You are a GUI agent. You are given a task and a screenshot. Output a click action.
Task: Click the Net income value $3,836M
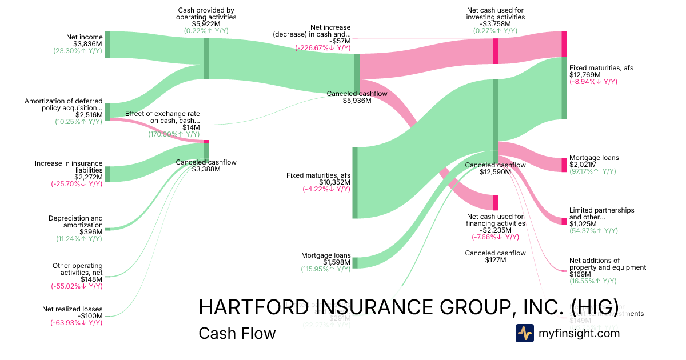pyautogui.click(x=88, y=44)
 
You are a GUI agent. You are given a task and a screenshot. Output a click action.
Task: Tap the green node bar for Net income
pyautogui.click(x=107, y=45)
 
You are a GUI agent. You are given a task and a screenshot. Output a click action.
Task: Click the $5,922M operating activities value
pyautogui.click(x=206, y=24)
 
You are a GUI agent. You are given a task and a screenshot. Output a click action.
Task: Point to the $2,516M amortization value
pyautogui.click(x=89, y=115)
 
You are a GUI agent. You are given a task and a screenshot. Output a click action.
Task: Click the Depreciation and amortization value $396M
pyautogui.click(x=91, y=232)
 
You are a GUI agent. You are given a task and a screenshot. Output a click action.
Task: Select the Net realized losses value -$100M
pyautogui.click(x=89, y=316)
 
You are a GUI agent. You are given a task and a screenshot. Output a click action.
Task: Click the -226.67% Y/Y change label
pyautogui.click(x=323, y=48)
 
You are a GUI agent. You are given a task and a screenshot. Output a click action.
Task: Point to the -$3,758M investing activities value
pyautogui.click(x=495, y=24)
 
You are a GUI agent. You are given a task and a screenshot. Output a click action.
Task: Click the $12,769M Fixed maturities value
pyautogui.click(x=585, y=75)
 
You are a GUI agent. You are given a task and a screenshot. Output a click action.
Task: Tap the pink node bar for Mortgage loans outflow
pyautogui.click(x=564, y=165)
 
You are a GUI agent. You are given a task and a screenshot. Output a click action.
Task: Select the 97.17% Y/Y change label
pyautogui.click(x=593, y=171)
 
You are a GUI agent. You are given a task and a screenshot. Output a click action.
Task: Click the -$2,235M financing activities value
pyautogui.click(x=495, y=230)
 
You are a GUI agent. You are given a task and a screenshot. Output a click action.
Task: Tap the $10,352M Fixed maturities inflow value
pyautogui.click(x=334, y=182)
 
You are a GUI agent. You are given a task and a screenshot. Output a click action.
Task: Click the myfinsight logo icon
pyautogui.click(x=525, y=333)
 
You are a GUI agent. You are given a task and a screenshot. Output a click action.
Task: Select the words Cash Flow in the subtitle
pyautogui.click(x=237, y=333)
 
